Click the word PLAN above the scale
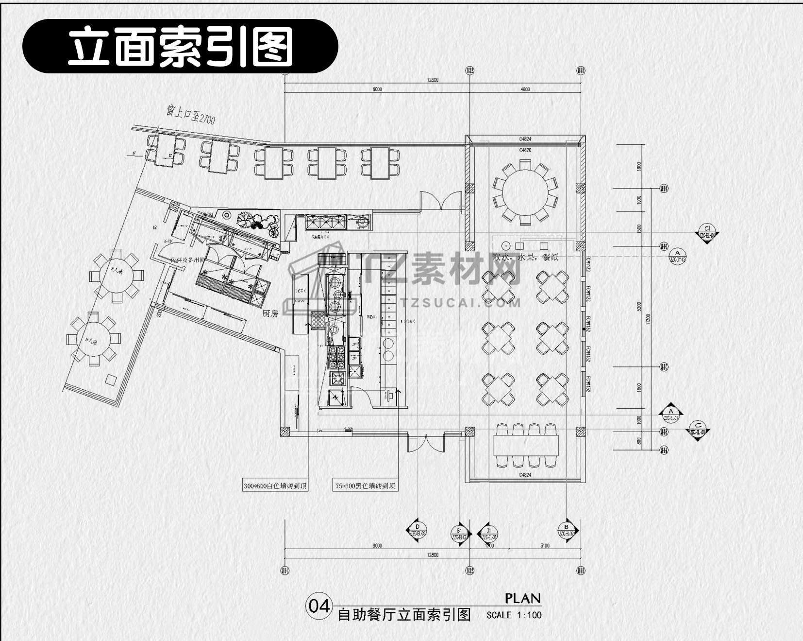(x=522, y=598)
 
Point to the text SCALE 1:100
(x=514, y=615)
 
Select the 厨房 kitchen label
(x=270, y=313)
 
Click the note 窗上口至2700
(x=190, y=115)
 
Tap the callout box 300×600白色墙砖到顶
(x=275, y=485)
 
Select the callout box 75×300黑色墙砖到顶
(x=365, y=485)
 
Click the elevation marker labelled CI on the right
(x=707, y=232)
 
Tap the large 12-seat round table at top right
(x=525, y=191)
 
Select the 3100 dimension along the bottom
(x=545, y=546)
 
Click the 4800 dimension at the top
(x=525, y=89)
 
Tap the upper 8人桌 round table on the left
(x=116, y=276)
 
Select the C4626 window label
(x=525, y=150)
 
